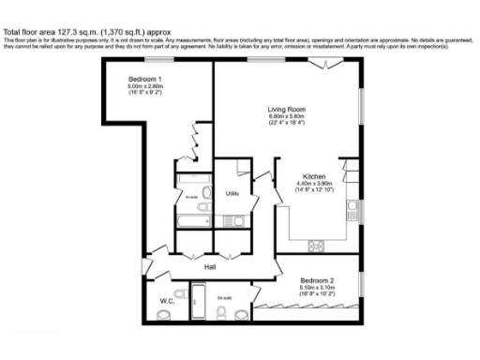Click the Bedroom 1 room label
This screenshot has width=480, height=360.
(x=145, y=80)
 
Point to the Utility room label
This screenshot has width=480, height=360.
(x=232, y=192)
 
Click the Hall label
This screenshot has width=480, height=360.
(x=211, y=265)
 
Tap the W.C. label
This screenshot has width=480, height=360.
(x=167, y=301)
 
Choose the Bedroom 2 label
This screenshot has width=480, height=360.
(x=317, y=280)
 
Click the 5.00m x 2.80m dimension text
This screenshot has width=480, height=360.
(x=145, y=87)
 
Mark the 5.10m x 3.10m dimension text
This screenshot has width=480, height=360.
(x=317, y=288)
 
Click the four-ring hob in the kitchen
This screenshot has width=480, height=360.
(x=316, y=246)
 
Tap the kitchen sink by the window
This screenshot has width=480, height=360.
(x=351, y=208)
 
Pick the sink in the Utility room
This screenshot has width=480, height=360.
(x=239, y=221)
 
